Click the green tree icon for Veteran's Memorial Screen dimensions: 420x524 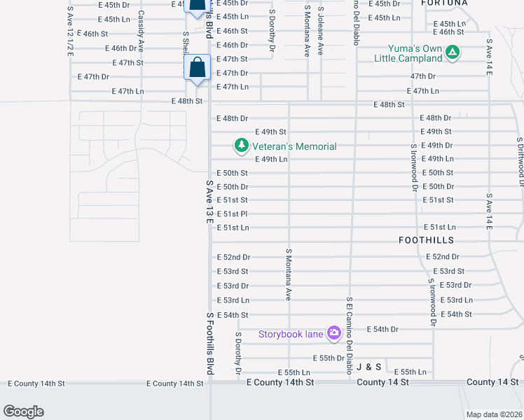click(x=242, y=146)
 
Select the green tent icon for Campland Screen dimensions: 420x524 click(x=453, y=52)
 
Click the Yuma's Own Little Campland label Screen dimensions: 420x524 click(x=416, y=54)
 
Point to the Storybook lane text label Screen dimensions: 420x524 click(x=291, y=334)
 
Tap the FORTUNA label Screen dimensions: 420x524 click(x=445, y=3)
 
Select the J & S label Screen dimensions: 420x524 click(x=368, y=367)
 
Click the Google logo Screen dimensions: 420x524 click(x=23, y=411)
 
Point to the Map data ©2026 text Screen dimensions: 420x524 click(x=494, y=414)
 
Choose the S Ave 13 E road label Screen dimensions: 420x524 click(x=209, y=202)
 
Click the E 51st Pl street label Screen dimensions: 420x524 click(x=233, y=214)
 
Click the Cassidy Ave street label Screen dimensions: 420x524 click(x=141, y=31)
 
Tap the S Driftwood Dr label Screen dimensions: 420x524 click(x=520, y=161)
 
